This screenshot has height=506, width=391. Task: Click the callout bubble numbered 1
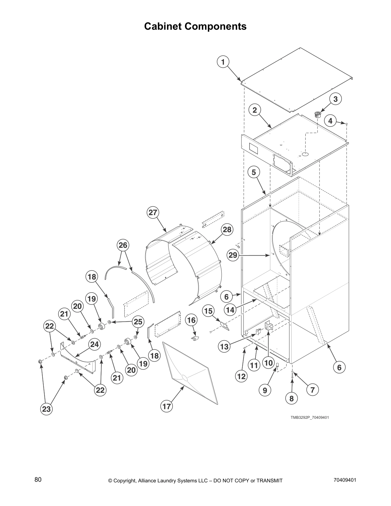point(223,62)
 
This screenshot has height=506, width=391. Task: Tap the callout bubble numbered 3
point(335,99)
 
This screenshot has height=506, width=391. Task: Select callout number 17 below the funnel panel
point(167,406)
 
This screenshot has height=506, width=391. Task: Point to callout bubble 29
point(233,255)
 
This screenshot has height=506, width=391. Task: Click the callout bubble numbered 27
point(153,212)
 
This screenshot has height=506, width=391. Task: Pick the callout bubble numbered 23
point(47,409)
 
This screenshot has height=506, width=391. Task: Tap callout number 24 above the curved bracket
point(94,344)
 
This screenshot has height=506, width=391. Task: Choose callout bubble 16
point(191,320)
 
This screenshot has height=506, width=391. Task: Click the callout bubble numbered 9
point(265,390)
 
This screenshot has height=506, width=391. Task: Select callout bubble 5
point(254,172)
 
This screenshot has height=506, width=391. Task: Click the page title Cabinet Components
point(195,26)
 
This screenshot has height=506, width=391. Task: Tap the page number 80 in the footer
point(38,480)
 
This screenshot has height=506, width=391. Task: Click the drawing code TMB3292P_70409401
point(310,417)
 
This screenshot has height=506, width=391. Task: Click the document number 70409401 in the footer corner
point(345,480)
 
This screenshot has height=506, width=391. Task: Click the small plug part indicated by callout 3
point(318,115)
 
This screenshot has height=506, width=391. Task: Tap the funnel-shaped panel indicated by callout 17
point(188,371)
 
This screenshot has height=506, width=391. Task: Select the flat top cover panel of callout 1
point(297,80)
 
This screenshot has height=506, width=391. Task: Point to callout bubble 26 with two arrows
point(123,245)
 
